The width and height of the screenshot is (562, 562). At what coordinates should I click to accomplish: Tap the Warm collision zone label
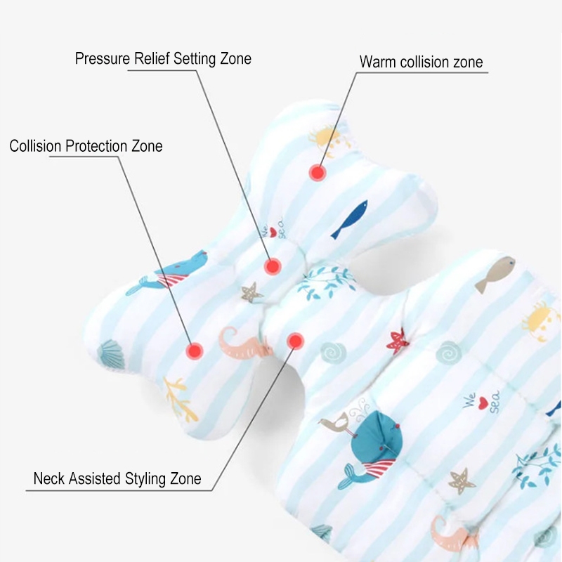421,62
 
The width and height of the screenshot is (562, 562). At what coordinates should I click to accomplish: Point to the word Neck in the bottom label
49,479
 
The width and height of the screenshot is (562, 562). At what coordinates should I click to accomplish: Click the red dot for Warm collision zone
318,171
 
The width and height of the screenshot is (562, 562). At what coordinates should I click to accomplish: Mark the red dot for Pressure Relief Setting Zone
273,266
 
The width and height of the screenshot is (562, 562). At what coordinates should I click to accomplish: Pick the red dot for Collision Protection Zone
194,349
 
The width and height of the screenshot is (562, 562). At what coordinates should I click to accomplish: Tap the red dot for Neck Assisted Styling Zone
295,341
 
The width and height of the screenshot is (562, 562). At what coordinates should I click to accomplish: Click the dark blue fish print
350,218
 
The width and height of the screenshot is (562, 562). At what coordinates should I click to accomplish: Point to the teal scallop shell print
110,354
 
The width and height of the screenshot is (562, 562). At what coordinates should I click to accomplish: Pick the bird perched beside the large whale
332,424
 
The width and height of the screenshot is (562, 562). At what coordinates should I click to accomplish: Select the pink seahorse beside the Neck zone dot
242,342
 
